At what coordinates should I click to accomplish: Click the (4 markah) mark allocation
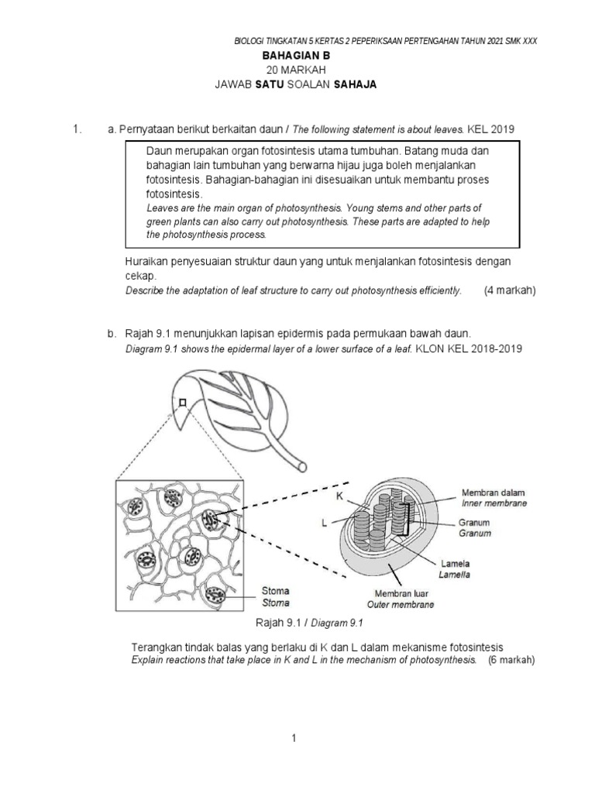coord(510,290)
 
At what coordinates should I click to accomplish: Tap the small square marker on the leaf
coord(181,402)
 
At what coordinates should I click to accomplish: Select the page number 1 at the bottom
coord(294,739)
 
